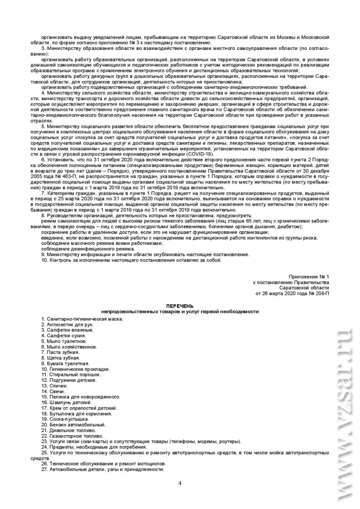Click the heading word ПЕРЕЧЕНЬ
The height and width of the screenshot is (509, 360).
(180, 306)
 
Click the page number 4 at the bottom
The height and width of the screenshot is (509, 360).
(180, 483)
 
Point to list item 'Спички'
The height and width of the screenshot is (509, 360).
(55, 385)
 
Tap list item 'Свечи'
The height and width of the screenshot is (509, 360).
(53, 391)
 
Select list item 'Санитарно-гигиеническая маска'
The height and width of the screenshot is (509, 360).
(82, 319)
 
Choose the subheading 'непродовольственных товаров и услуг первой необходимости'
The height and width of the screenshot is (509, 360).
(180, 312)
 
